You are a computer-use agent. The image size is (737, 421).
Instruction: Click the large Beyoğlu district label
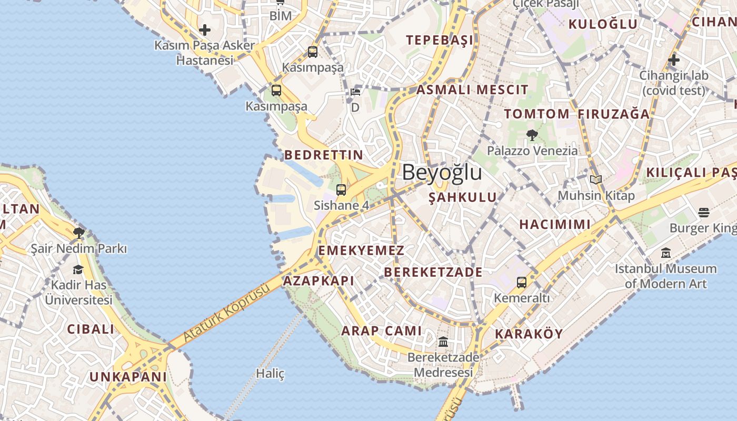[442, 173]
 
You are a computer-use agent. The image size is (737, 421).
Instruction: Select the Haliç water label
[270, 374]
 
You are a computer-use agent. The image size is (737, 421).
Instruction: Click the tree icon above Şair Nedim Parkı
[79, 233]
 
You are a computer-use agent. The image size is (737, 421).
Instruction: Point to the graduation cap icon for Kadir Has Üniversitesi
[78, 270]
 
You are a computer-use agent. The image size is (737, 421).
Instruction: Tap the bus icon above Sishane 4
[341, 190]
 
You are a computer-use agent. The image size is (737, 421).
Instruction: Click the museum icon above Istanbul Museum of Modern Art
[666, 253]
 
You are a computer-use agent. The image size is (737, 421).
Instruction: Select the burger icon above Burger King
[704, 213]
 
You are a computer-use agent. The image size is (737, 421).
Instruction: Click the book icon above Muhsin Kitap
[596, 180]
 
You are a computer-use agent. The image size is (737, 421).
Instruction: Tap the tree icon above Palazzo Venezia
[532, 135]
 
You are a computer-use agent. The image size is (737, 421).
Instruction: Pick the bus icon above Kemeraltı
[521, 283]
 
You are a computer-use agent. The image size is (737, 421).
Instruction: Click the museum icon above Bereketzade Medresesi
[443, 342]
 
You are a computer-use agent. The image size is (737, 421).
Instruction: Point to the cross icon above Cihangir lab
[673, 60]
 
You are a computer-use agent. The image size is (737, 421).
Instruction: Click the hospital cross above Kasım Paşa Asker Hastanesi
[205, 29]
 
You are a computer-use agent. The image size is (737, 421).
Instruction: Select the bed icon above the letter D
[355, 92]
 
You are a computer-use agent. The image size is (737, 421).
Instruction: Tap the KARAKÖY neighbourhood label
[529, 334]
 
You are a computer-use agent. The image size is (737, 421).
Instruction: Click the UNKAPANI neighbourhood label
[128, 377]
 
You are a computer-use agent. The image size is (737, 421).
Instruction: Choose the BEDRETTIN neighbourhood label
[324, 155]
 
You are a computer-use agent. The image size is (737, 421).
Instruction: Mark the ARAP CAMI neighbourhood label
[382, 330]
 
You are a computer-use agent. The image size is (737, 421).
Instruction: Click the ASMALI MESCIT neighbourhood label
[472, 89]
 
